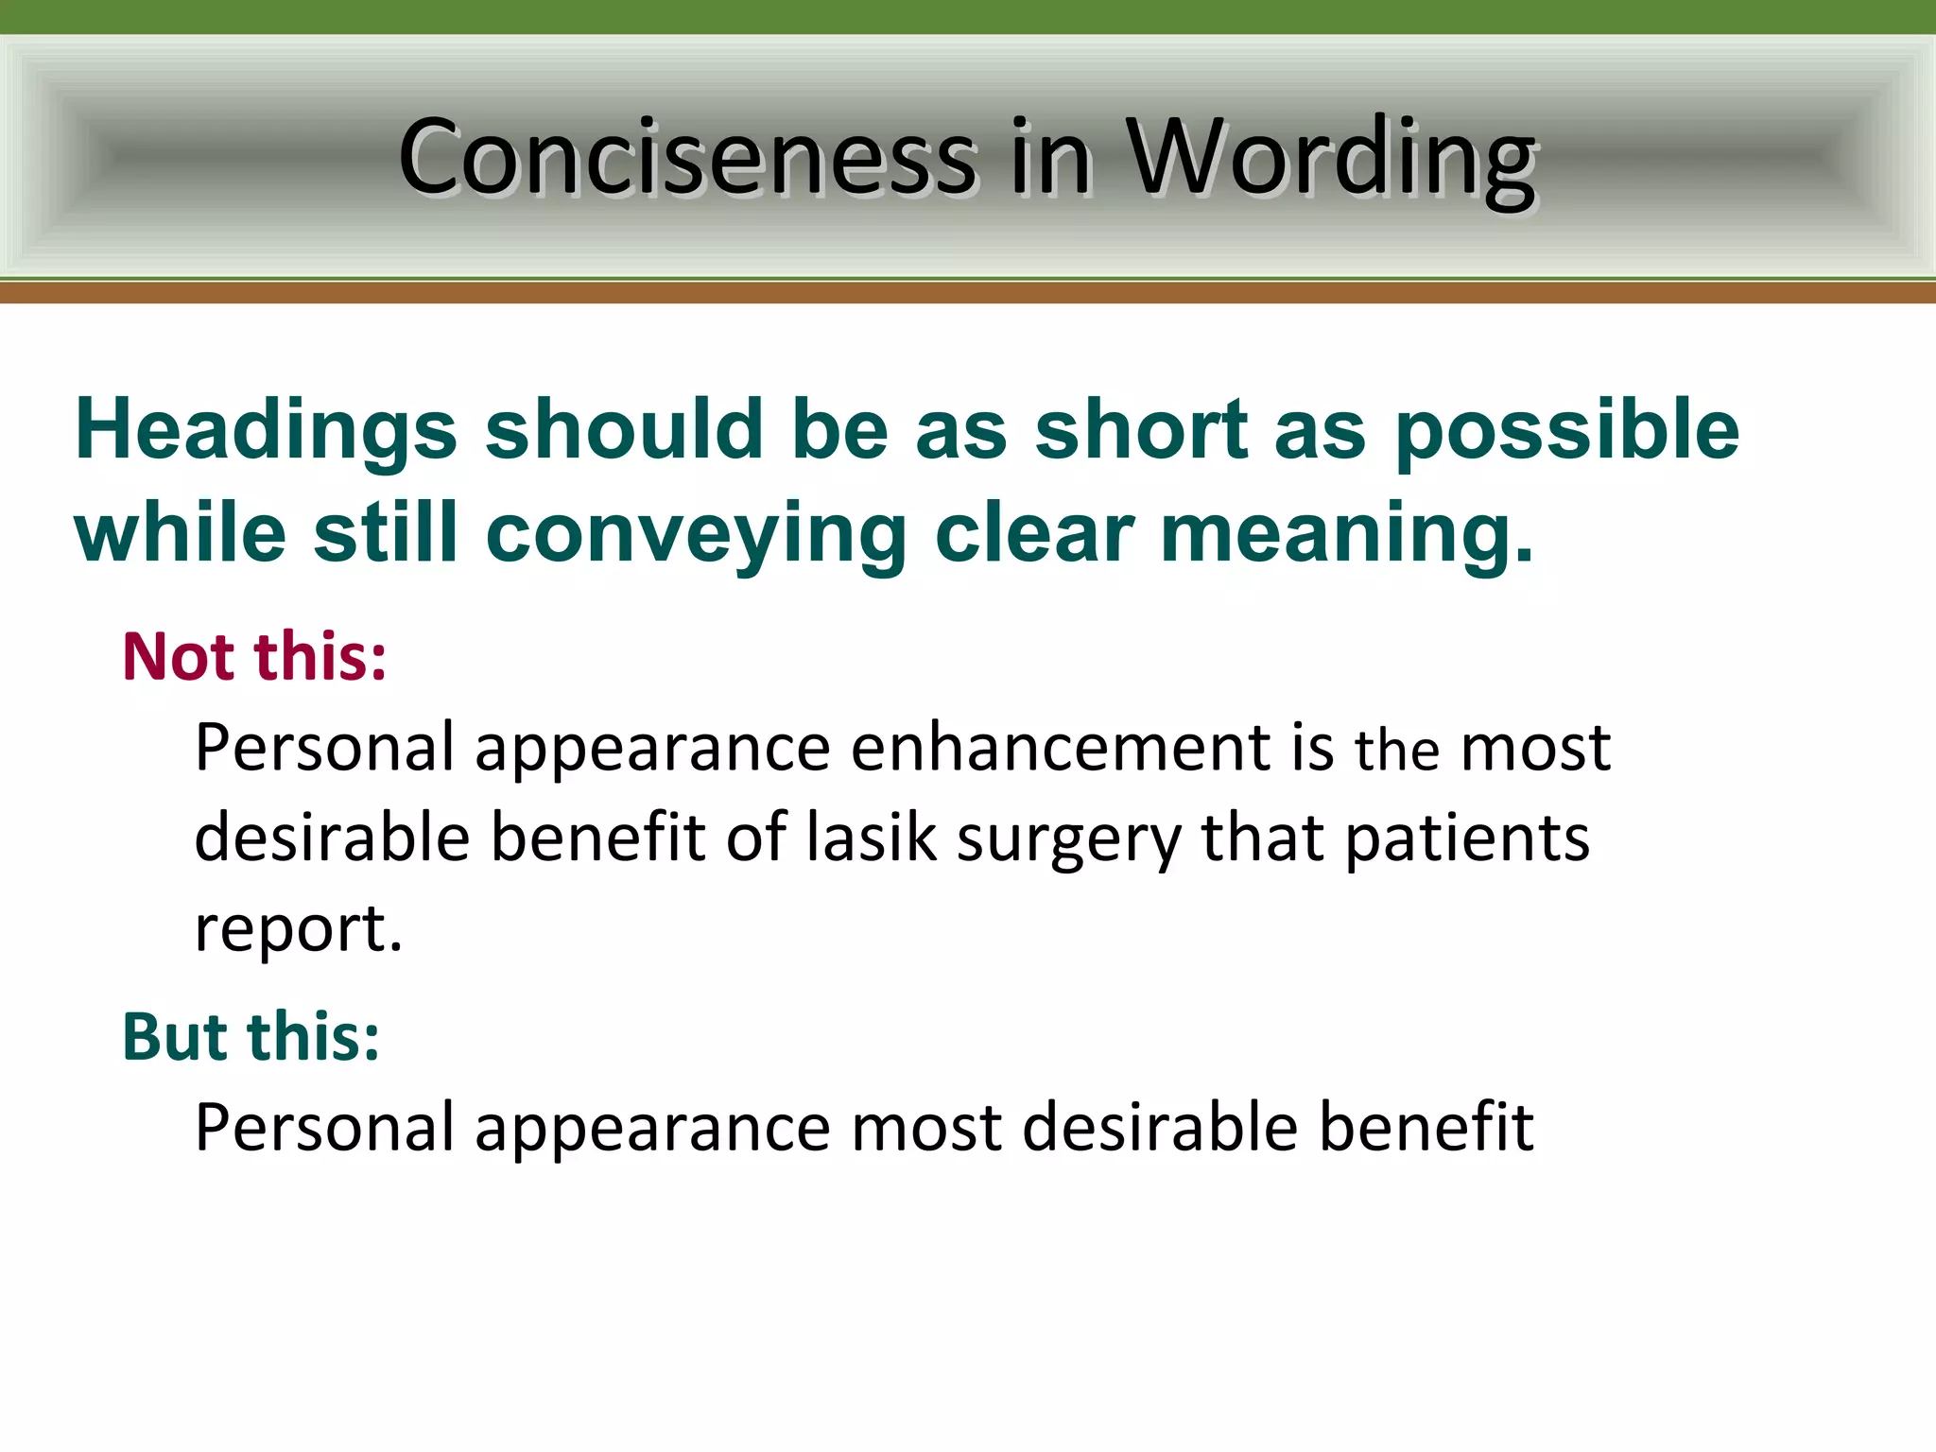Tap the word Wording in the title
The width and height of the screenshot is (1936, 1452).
point(1332,157)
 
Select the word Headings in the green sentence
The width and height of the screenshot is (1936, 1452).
point(266,430)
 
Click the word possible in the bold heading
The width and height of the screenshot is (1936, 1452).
point(1566,430)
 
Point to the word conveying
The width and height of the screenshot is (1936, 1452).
point(696,535)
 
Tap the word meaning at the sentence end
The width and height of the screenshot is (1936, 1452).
point(1346,535)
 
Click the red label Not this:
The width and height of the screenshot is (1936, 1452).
point(255,656)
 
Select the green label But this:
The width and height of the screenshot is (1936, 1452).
point(251,1036)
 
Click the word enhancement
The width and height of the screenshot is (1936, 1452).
point(1061,748)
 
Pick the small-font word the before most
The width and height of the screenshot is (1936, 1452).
point(1397,751)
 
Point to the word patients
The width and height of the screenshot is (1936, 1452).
point(1467,838)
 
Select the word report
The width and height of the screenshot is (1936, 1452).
point(298,929)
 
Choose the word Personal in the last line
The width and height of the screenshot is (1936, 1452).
point(325,1127)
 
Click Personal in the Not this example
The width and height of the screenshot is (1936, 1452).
point(325,748)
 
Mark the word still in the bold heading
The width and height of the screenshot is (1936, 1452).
point(386,535)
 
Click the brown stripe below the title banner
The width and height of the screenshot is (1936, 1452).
point(968,292)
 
